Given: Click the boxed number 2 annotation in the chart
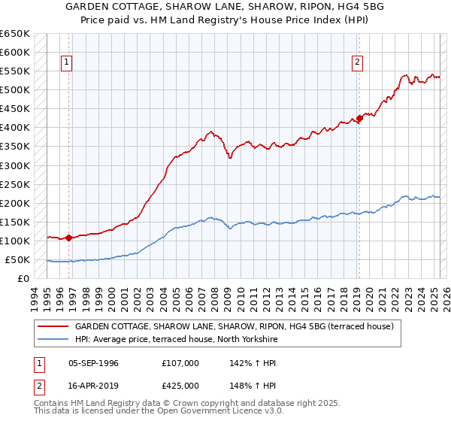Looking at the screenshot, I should [x=358, y=62].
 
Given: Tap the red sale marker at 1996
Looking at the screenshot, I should [x=68, y=238].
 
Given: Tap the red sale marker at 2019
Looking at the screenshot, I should [x=359, y=117].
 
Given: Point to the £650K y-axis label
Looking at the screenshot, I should [x=15, y=34].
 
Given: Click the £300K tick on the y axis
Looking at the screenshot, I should [x=15, y=165].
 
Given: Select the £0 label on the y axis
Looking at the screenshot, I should [x=23, y=279].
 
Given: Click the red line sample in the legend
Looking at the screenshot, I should [x=53, y=326].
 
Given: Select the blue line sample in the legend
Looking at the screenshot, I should [x=53, y=340].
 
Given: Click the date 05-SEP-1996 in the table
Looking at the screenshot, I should [x=93, y=363].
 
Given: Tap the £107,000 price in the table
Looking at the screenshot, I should [x=180, y=363].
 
